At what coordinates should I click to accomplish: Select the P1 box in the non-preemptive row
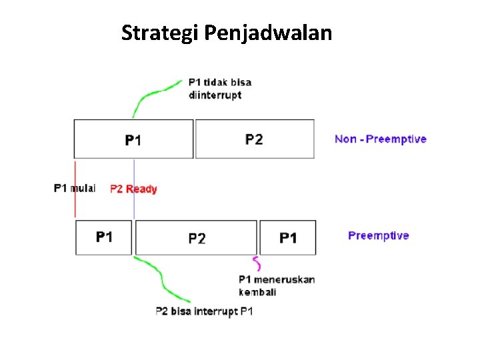click(133, 139)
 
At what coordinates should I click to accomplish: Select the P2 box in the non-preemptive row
click(254, 139)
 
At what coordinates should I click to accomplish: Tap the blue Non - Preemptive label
click(380, 139)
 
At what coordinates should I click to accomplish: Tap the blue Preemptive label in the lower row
click(378, 235)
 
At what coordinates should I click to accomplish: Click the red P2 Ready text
click(133, 189)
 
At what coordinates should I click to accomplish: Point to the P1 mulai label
click(75, 188)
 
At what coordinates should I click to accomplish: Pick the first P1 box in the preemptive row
click(104, 237)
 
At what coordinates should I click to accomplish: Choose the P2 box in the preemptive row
click(197, 238)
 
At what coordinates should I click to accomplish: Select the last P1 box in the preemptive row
click(288, 238)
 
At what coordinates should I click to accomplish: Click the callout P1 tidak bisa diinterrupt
click(220, 89)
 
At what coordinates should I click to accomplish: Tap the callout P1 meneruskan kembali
click(276, 285)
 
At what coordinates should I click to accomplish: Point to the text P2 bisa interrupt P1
click(204, 311)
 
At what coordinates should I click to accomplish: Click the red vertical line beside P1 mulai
click(75, 200)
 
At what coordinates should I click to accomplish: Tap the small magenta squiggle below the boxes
click(255, 262)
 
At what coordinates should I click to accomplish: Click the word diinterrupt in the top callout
click(215, 95)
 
